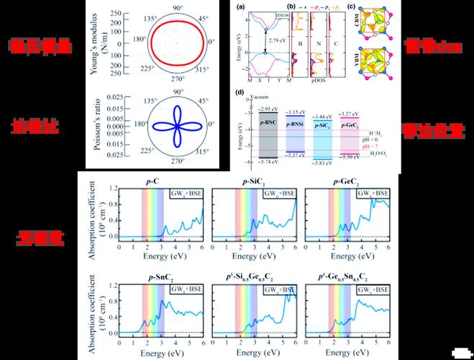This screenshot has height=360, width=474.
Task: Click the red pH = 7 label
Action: click(x=377, y=145)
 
